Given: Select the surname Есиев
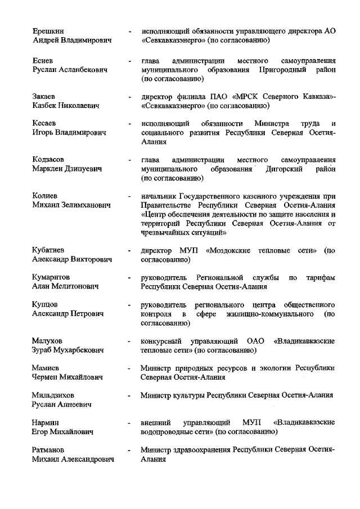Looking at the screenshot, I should pyautogui.click(x=43, y=60).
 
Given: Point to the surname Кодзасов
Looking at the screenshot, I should pyautogui.click(x=49, y=159).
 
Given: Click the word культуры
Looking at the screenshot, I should pyautogui.click(x=187, y=395).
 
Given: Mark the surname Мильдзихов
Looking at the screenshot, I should pyautogui.click(x=53, y=395).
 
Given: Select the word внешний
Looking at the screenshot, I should pyautogui.click(x=156, y=422).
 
